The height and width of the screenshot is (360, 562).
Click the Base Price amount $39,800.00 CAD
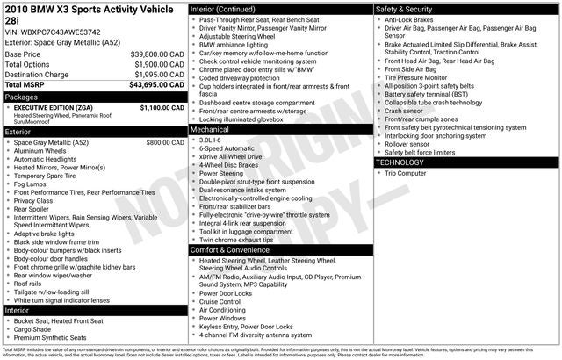157,54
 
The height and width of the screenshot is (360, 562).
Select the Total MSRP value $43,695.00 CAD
157,85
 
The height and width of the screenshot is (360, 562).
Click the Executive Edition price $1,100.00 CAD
162,107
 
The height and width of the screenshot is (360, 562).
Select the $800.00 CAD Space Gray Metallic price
165,142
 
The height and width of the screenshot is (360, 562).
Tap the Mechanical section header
210,129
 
